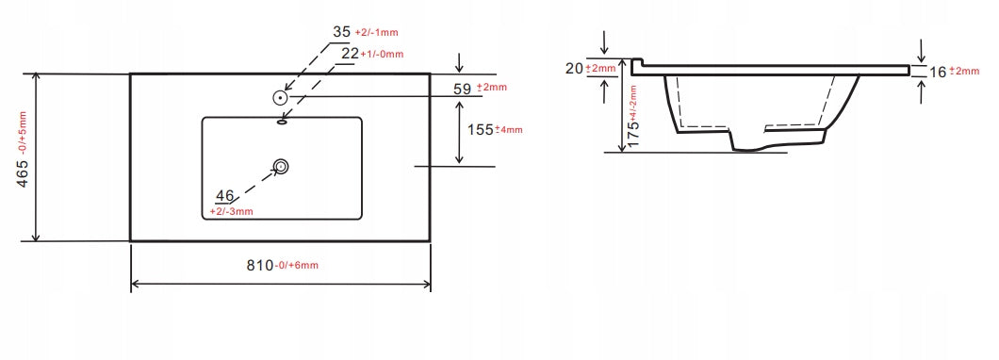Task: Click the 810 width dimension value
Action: [258, 266]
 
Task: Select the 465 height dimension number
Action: [23, 169]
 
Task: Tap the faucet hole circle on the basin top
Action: [281, 97]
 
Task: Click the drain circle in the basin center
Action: [281, 167]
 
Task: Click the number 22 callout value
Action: [350, 54]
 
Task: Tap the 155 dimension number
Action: [481, 129]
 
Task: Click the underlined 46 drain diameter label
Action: [224, 196]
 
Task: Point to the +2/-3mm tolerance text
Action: [231, 211]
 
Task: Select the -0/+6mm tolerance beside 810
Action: [297, 267]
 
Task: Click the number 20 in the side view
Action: [574, 68]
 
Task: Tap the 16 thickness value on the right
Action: [937, 72]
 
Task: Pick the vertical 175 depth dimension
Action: [633, 123]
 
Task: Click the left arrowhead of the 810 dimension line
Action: [135, 282]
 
